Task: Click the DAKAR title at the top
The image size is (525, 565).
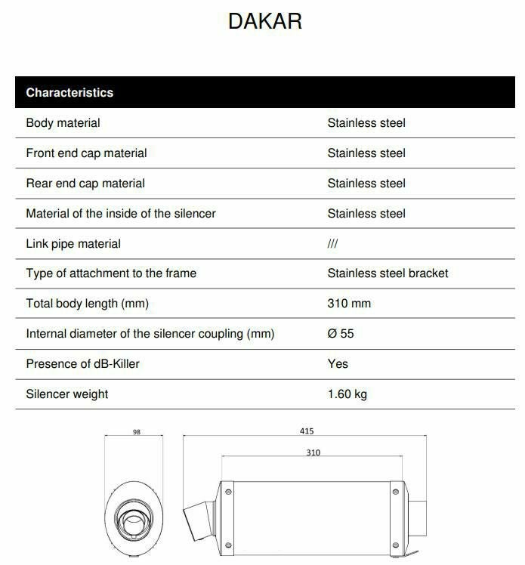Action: point(264,21)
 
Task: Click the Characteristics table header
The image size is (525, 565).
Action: point(69,93)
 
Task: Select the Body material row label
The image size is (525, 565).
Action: point(63,123)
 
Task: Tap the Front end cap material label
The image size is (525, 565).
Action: point(86,153)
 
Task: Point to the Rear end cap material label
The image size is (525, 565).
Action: point(85,184)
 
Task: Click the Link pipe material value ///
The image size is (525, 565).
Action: point(332,244)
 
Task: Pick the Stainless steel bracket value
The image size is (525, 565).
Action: point(388,273)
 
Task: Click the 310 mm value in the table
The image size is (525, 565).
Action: point(349,304)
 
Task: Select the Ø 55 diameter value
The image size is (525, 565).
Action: point(341,334)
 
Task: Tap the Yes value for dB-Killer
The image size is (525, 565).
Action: point(338,364)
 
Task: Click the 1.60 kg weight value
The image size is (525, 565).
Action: point(347,394)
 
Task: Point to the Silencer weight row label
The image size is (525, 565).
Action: point(67,394)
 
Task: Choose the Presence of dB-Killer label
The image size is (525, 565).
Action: point(82,364)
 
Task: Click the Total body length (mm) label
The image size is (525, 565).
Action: point(87,304)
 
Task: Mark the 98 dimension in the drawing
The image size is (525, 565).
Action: point(136,433)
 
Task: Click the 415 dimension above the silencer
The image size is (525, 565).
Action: point(306,431)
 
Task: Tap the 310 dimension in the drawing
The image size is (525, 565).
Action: point(313,452)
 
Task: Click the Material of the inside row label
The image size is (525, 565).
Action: point(121,214)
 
